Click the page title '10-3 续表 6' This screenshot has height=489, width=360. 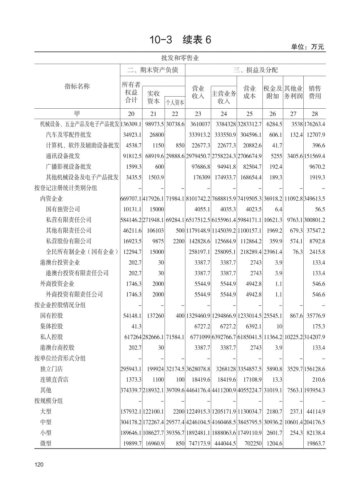[x=180, y=40]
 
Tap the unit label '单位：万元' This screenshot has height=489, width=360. [x=307, y=47]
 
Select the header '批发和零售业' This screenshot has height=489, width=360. [x=180, y=58]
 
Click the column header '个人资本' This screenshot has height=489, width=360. [x=175, y=102]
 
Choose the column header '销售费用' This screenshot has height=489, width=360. [x=314, y=92]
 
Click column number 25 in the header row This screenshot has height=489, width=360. [x=249, y=114]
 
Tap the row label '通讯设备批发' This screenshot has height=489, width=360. [x=63, y=156]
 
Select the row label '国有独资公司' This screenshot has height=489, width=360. [x=63, y=209]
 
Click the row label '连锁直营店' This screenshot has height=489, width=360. [x=54, y=380]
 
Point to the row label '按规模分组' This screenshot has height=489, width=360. [x=49, y=401]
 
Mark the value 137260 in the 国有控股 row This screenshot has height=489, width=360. [x=156, y=316]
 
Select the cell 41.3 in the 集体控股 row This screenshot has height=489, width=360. [x=135, y=326]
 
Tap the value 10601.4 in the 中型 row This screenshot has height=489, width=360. [x=293, y=422]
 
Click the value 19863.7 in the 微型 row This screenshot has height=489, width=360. [x=316, y=443]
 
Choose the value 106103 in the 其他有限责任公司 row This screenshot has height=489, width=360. [x=156, y=230]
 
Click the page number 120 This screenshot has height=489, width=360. [x=39, y=465]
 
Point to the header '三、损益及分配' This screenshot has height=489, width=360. [x=255, y=70]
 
